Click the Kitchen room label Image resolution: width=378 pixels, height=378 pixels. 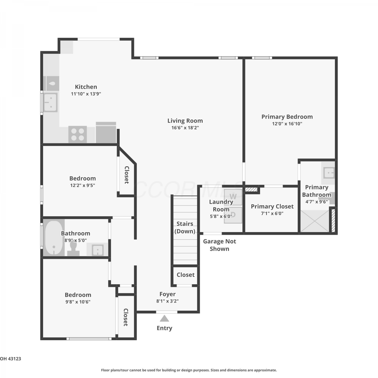pyautogui.click(x=86, y=87)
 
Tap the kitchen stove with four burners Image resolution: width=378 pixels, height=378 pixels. pyautogui.click(x=78, y=134)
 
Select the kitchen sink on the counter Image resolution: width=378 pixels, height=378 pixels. pyautogui.click(x=51, y=102)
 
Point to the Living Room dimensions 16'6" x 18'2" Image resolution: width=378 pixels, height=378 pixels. pyautogui.click(x=185, y=128)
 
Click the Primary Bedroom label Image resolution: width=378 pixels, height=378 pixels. pyautogui.click(x=287, y=117)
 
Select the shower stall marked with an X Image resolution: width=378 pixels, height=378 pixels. pyautogui.click(x=315, y=221)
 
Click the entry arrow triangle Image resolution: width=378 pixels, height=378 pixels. pyautogui.click(x=165, y=319)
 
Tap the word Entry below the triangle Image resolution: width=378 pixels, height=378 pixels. pyautogui.click(x=164, y=328)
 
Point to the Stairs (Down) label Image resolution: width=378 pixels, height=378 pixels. pyautogui.click(x=185, y=227)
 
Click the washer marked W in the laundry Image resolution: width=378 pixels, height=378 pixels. pyautogui.click(x=233, y=197)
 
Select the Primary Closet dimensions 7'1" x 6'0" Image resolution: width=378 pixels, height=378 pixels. pyautogui.click(x=272, y=213)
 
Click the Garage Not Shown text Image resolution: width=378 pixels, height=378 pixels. pyautogui.click(x=219, y=245)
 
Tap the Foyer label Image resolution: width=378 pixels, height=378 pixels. pyautogui.click(x=168, y=294)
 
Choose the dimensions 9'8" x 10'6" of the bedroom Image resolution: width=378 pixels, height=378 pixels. pyautogui.click(x=78, y=302)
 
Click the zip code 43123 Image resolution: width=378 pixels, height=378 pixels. pyautogui.click(x=14, y=359)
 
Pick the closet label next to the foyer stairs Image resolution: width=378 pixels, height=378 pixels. pyautogui.click(x=186, y=275)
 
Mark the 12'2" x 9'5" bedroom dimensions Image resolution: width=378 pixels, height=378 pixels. pyautogui.click(x=83, y=185)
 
